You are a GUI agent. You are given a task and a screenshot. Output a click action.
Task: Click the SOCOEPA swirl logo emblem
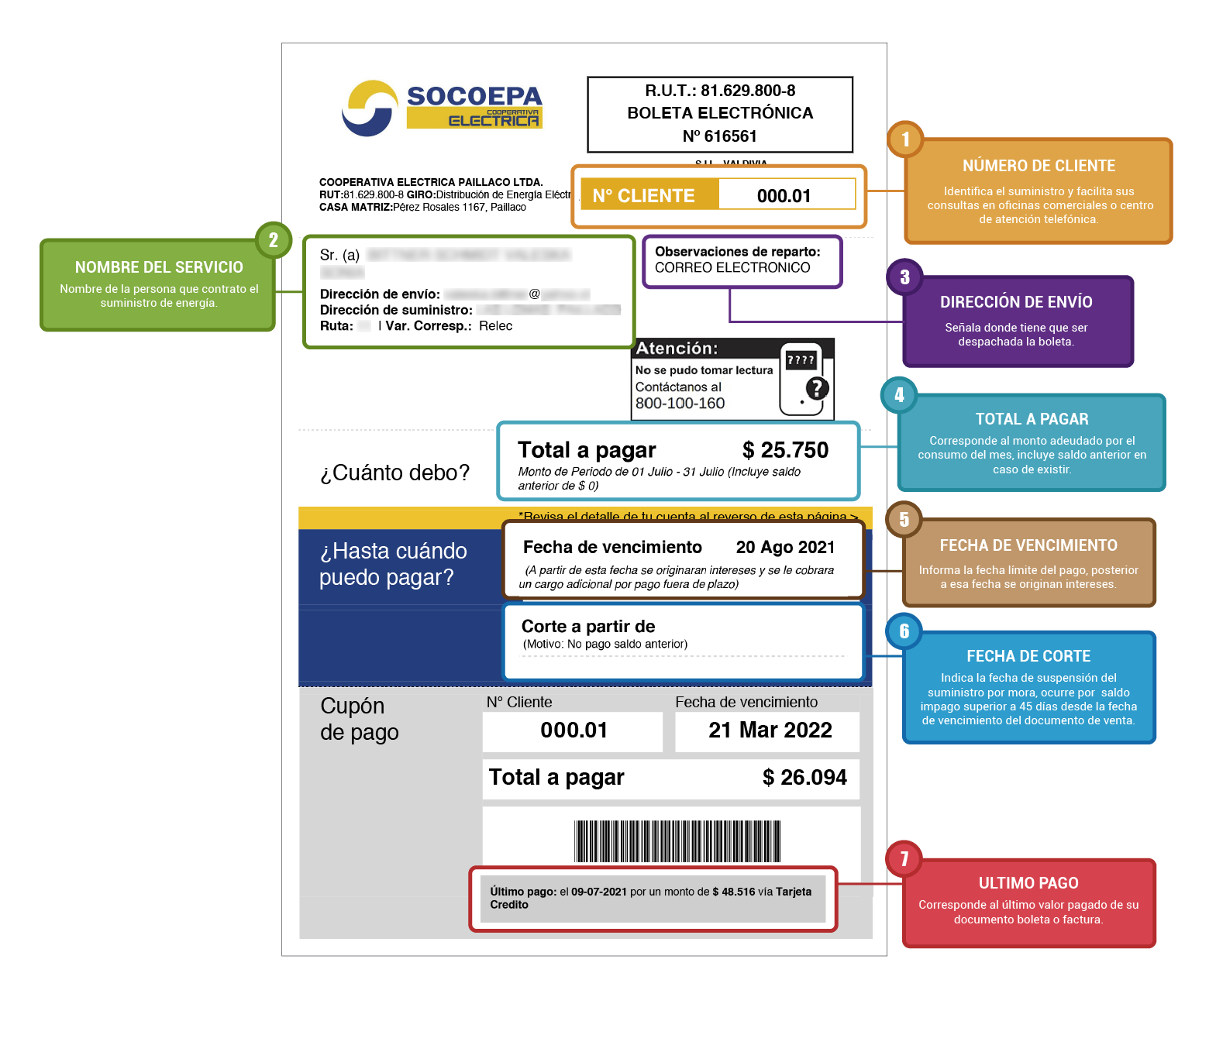click(370, 108)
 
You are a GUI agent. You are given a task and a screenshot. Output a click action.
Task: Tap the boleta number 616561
click(730, 136)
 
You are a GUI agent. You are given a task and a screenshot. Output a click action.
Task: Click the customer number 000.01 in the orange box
click(784, 196)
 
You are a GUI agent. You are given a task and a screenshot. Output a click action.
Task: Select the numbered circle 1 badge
click(905, 139)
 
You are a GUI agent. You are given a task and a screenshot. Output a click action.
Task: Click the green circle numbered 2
click(273, 240)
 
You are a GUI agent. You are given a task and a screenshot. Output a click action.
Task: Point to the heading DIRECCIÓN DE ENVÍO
click(1015, 302)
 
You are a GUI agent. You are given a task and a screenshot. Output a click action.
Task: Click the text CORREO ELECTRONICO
click(732, 268)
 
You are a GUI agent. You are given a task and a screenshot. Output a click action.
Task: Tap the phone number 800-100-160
click(680, 404)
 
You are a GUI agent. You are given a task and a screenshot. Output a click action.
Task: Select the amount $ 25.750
click(785, 450)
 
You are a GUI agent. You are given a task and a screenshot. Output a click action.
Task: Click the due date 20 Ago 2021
click(785, 548)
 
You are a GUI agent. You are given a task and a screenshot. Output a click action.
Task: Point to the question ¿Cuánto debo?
click(395, 473)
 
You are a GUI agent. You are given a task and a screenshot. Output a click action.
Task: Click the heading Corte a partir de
click(588, 627)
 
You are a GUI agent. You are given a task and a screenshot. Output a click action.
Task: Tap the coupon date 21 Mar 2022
click(770, 731)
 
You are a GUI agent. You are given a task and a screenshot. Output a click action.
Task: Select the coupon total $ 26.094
click(804, 778)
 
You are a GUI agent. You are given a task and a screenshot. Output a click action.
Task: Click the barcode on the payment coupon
click(677, 841)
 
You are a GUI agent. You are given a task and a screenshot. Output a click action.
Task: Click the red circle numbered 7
click(904, 859)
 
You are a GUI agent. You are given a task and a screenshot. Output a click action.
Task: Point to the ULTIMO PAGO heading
click(1028, 883)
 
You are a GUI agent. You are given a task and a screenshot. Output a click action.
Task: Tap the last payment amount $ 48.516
click(733, 892)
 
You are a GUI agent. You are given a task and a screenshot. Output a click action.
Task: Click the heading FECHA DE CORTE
click(1028, 656)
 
